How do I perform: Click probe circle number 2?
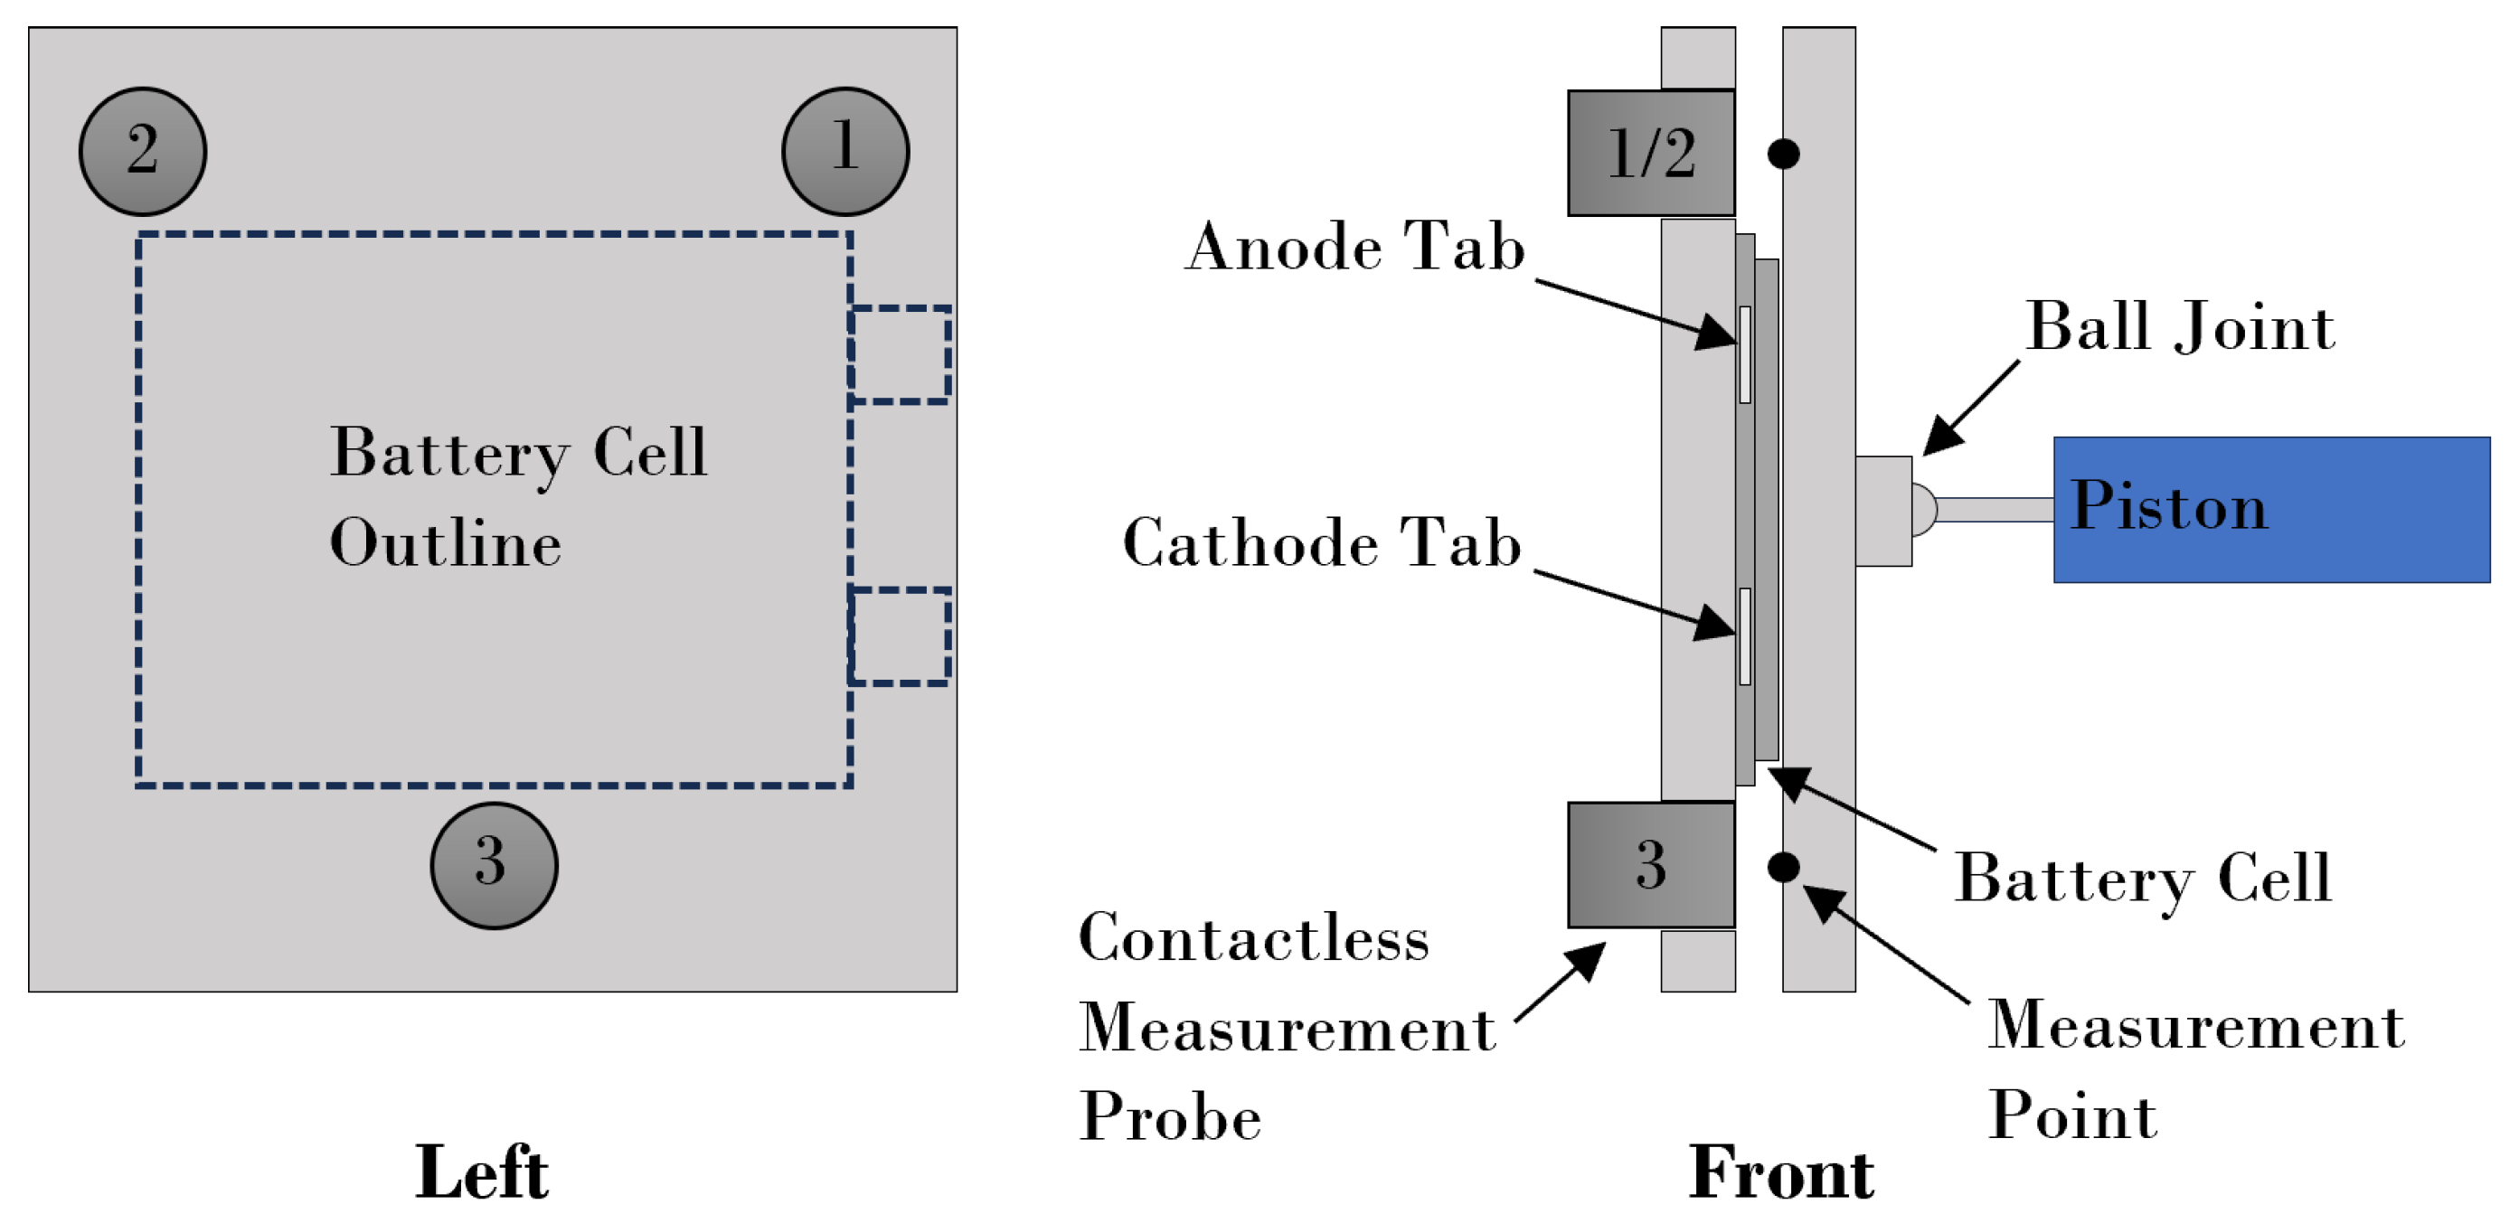tap(143, 152)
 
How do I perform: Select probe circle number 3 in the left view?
tap(494, 865)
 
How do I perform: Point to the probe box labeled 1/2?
tap(1651, 154)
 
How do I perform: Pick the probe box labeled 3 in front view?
tap(1651, 865)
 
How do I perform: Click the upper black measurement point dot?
tap(1784, 154)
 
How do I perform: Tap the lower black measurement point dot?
tap(1784, 866)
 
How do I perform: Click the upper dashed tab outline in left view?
tap(901, 354)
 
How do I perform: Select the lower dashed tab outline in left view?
tap(901, 635)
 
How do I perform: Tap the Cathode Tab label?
tap(1322, 542)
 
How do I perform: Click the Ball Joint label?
tap(2180, 326)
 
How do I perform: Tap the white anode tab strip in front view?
tap(1744, 354)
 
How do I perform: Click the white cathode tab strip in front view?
tap(1744, 635)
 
